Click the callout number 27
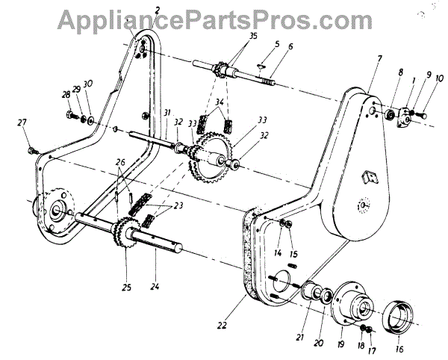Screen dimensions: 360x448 (x=22, y=122)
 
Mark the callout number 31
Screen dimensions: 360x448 (x=167, y=113)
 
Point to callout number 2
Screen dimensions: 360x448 (x=158, y=9)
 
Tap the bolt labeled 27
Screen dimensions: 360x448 (x=31, y=150)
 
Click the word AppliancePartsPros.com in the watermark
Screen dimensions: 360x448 (x=223, y=14)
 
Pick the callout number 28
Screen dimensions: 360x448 (x=66, y=94)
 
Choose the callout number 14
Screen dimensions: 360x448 (x=277, y=252)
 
